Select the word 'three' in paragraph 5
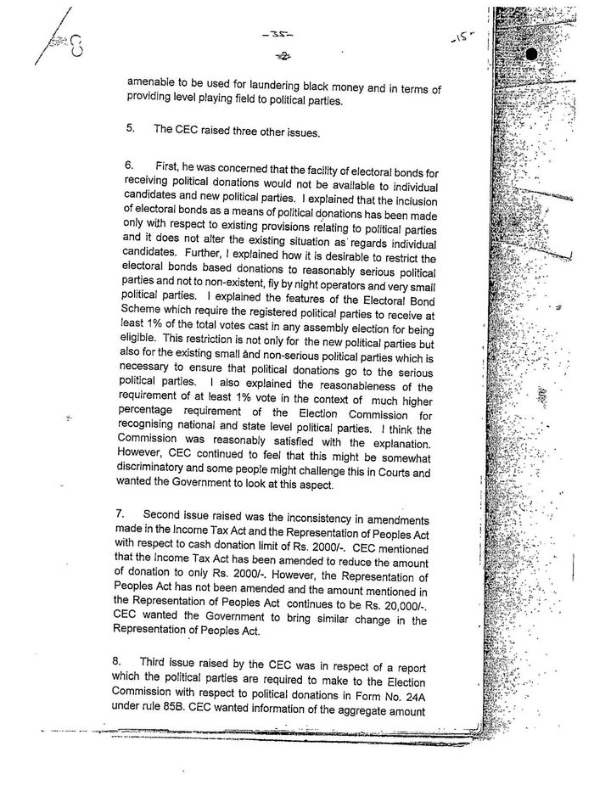(229, 130)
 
